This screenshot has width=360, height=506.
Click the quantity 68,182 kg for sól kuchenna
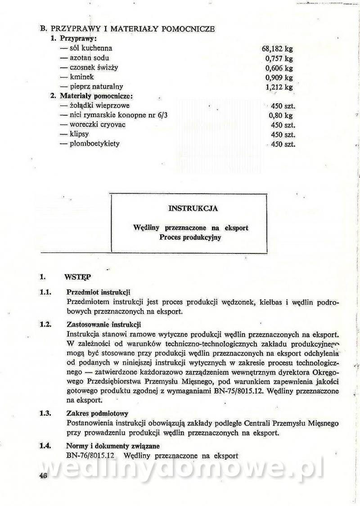pyautogui.click(x=277, y=49)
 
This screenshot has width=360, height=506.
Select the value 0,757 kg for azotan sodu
pyautogui.click(x=279, y=59)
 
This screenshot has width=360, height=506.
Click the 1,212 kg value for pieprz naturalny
pyautogui.click(x=279, y=87)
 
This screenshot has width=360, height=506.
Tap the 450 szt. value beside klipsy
pyautogui.click(x=283, y=135)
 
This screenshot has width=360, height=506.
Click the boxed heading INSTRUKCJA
pyautogui.click(x=193, y=208)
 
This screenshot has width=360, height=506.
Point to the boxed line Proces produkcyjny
pyautogui.click(x=190, y=238)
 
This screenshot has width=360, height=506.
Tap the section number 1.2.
pyautogui.click(x=45, y=324)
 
